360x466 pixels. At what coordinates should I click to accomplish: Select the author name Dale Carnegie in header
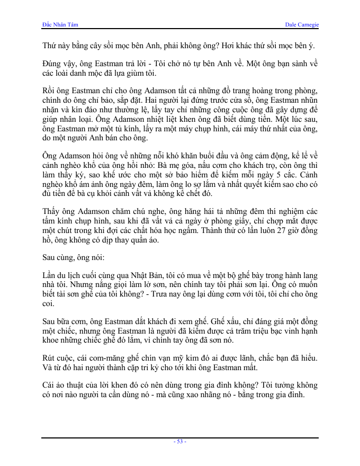(x=302, y=25)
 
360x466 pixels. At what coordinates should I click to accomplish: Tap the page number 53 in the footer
(x=180, y=441)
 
